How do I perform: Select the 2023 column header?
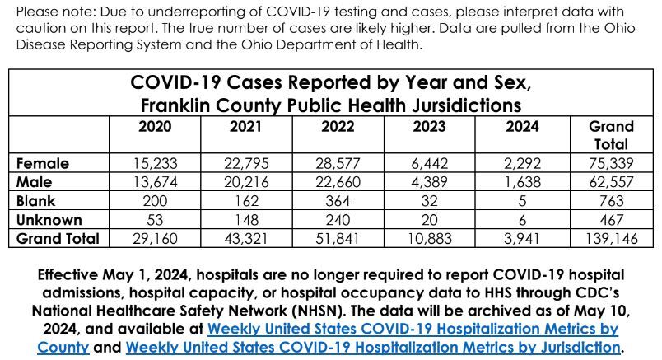[428, 126]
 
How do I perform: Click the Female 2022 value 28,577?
[337, 163]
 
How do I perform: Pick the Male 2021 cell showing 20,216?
[245, 182]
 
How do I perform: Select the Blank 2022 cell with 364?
[337, 201]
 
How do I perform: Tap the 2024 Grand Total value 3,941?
[520, 239]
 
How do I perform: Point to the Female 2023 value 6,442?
[428, 163]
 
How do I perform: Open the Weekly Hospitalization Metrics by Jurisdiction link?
[373, 346]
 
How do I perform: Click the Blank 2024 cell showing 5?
[520, 201]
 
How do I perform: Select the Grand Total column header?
[611, 135]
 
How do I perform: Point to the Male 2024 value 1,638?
[520, 182]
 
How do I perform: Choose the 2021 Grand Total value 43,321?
[245, 239]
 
